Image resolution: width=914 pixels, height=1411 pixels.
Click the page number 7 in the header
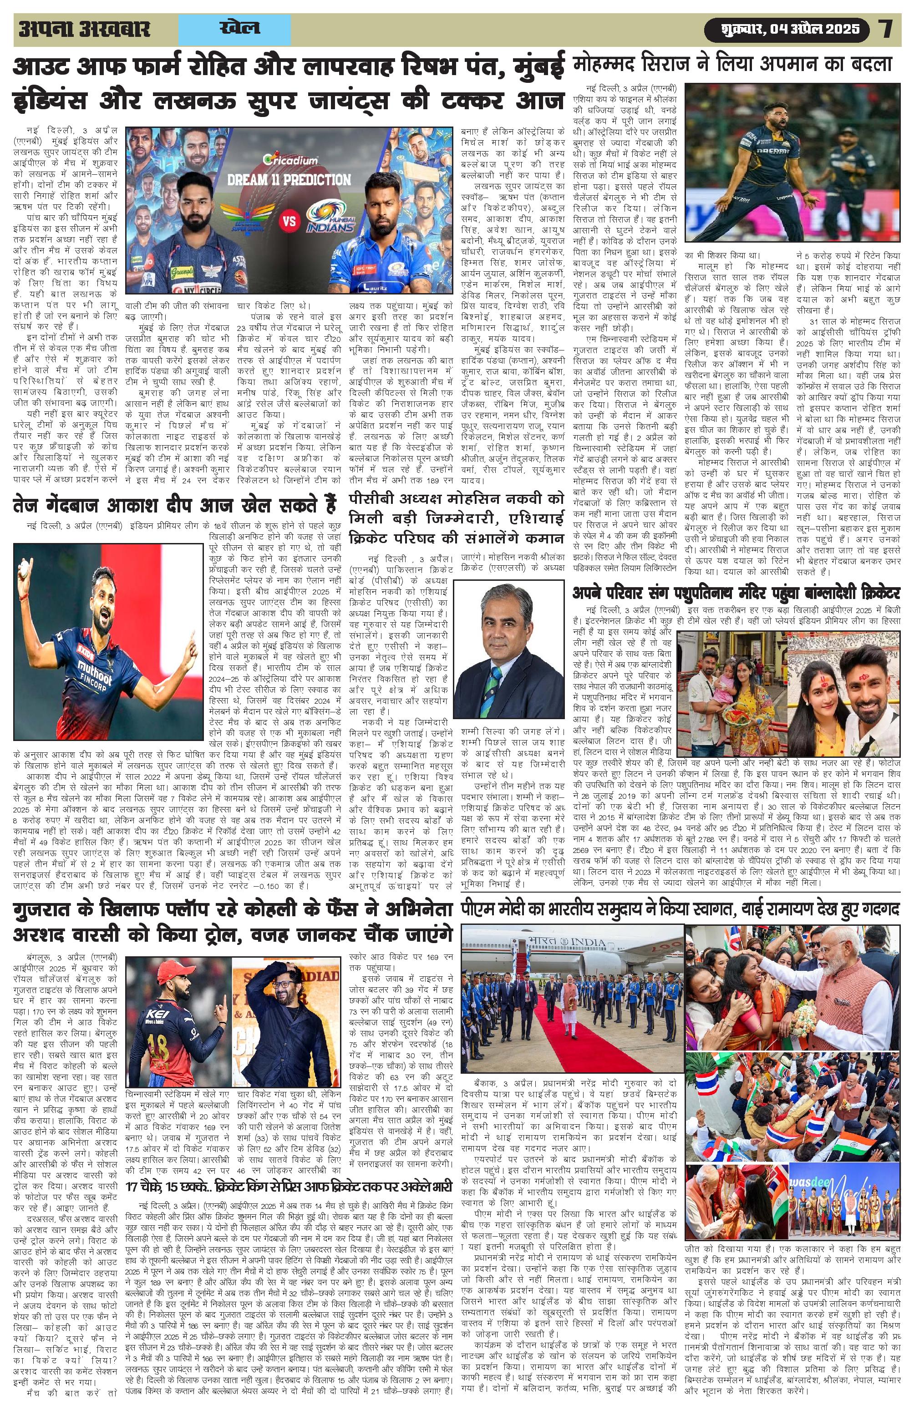[x=887, y=29]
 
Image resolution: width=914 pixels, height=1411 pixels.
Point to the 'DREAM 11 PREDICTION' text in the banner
[x=289, y=179]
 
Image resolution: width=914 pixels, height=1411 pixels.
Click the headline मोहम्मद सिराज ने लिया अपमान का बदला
[x=733, y=65]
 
